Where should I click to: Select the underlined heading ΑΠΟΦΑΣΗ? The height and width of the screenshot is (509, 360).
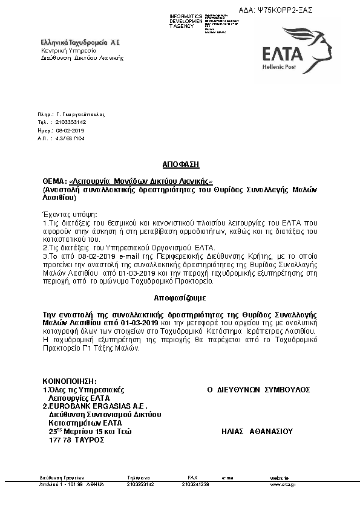click(180, 164)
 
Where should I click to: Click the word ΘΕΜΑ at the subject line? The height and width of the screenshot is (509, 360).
click(54, 181)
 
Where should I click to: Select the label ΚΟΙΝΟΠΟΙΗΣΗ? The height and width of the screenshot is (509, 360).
click(70, 381)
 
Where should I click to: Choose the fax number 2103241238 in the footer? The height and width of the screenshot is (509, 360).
click(195, 484)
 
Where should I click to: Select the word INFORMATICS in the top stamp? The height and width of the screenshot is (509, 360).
click(186, 16)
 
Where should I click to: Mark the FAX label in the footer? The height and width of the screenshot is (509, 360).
click(192, 478)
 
